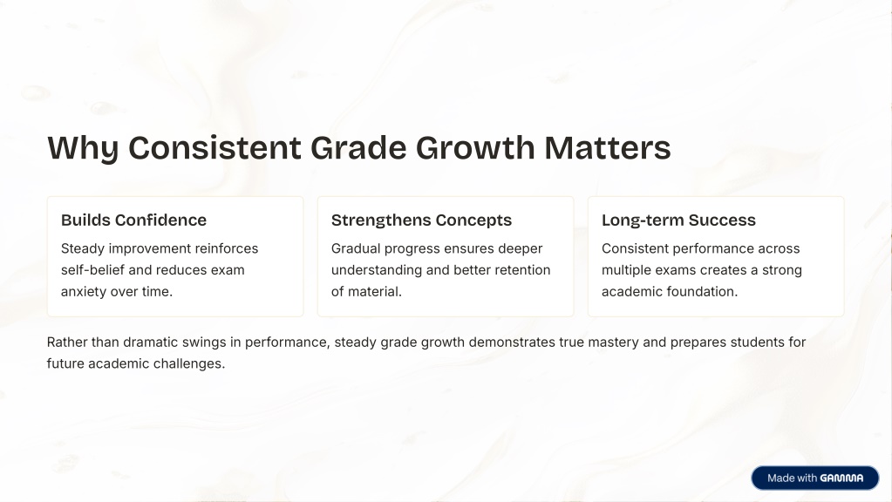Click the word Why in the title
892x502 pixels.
[x=83, y=148]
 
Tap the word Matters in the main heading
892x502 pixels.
[x=608, y=148]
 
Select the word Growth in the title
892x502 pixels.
[x=475, y=148]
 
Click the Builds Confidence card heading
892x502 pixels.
[x=133, y=220]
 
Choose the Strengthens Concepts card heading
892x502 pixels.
[x=421, y=220]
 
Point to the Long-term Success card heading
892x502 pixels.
[x=678, y=220]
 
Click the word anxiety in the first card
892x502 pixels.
[x=84, y=292]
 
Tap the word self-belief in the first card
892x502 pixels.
[x=92, y=270]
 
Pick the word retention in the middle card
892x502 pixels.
[x=522, y=270]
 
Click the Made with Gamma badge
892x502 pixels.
[x=815, y=478]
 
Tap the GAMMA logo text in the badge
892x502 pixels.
[x=842, y=478]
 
